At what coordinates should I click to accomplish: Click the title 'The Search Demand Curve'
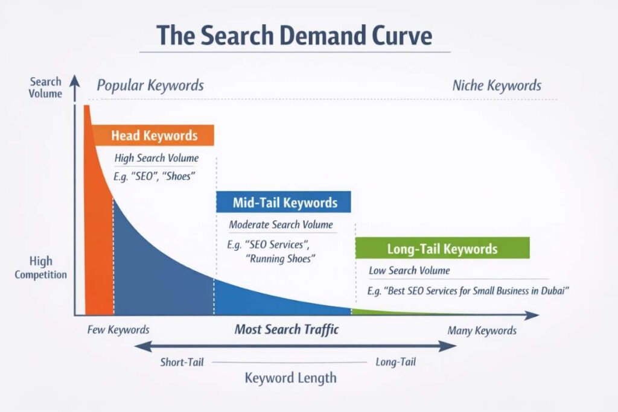[295, 36]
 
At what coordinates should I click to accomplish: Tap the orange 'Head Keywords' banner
[153, 136]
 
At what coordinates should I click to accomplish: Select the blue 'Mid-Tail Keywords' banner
[284, 202]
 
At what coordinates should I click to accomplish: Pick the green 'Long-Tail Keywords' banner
[442, 248]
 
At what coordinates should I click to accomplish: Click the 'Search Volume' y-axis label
[45, 87]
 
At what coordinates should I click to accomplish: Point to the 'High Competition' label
[40, 267]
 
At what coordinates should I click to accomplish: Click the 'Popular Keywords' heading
[150, 85]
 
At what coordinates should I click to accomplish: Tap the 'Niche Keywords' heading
[497, 85]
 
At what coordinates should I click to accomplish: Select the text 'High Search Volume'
[156, 158]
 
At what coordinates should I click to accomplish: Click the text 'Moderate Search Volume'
[281, 224]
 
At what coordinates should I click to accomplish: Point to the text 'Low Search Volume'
[409, 271]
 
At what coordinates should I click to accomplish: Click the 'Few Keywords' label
[118, 330]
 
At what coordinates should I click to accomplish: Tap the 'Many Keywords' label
[482, 331]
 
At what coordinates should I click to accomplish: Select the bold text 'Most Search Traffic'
[287, 329]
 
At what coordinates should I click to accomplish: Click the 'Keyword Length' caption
[290, 378]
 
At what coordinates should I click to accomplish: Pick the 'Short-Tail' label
[182, 362]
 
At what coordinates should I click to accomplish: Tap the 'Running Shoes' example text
[280, 259]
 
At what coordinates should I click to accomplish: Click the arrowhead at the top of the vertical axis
[74, 80]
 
